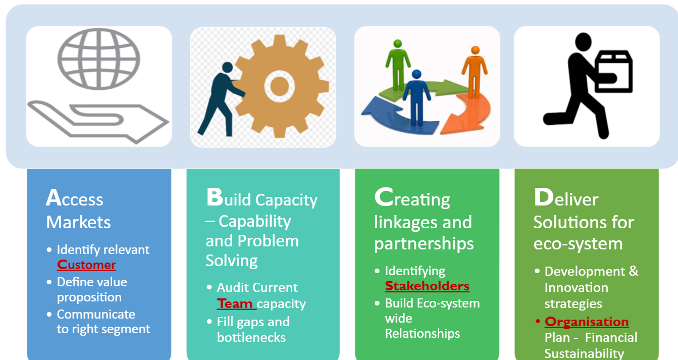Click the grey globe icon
(98, 59)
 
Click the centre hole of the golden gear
(279, 86)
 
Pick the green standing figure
(398, 65)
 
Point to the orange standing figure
(475, 72)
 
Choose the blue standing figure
(416, 97)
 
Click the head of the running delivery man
(583, 42)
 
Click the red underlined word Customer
(86, 265)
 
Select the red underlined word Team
(235, 303)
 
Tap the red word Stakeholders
(427, 286)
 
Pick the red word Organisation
(587, 322)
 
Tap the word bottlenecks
(251, 337)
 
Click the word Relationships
(422, 333)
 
